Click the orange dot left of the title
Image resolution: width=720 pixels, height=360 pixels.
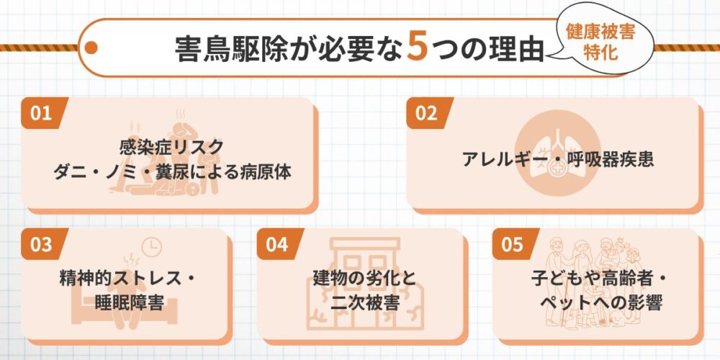coord(91,48)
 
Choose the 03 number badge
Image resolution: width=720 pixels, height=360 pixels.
coord(42,244)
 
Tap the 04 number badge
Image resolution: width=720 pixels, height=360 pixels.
coord(276,244)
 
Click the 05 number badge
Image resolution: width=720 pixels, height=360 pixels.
coord(512,244)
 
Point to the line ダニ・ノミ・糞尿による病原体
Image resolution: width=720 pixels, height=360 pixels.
coord(171,173)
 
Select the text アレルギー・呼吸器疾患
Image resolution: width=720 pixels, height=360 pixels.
coord(558,159)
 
